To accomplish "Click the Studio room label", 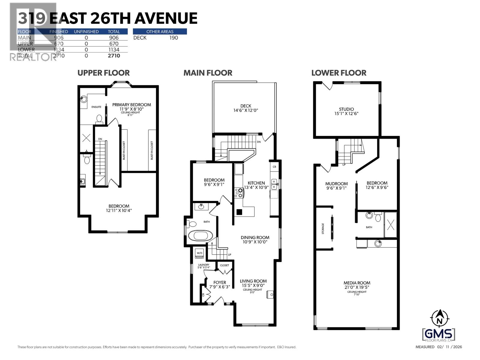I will tap(346, 109).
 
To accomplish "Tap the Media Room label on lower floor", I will tap(357, 283).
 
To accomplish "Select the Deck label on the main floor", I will tap(246, 106).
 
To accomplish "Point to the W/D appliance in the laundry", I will tap(199, 253).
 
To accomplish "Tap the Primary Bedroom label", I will tap(131, 105).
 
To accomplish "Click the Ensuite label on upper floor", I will tap(96, 107).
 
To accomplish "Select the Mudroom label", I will tap(336, 184).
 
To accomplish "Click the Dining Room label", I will tap(255, 238).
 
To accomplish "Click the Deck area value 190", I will tap(174, 38).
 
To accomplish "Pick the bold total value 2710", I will tap(114, 56).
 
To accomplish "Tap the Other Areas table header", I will tap(160, 31).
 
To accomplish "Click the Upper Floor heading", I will tap(103, 73).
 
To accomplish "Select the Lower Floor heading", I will tap(339, 73).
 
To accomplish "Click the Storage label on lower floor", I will tap(323, 229).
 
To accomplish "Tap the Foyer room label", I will tap(220, 283).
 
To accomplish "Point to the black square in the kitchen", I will tap(239, 212).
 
